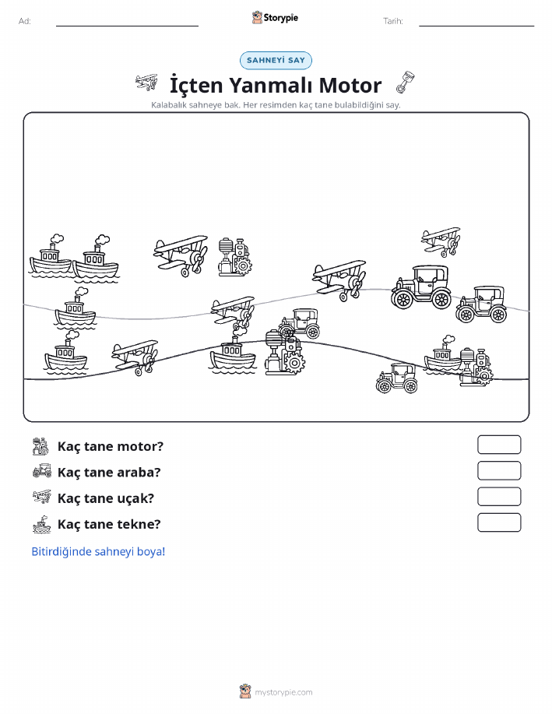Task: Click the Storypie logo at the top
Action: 275,18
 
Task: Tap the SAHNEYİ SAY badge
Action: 276,60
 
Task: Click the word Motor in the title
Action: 350,85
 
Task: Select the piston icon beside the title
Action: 405,83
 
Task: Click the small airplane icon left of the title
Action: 146,83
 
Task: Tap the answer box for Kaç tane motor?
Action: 499,445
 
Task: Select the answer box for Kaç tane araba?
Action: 499,470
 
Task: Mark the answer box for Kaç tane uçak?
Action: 499,496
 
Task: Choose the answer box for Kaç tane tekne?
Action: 499,522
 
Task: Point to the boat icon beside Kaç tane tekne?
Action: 42,524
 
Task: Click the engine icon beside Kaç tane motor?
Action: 40,446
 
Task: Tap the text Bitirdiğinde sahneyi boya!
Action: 98,551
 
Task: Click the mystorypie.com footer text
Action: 283,692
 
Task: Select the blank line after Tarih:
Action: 476,26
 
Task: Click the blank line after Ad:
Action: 127,26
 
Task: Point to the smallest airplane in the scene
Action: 441,241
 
